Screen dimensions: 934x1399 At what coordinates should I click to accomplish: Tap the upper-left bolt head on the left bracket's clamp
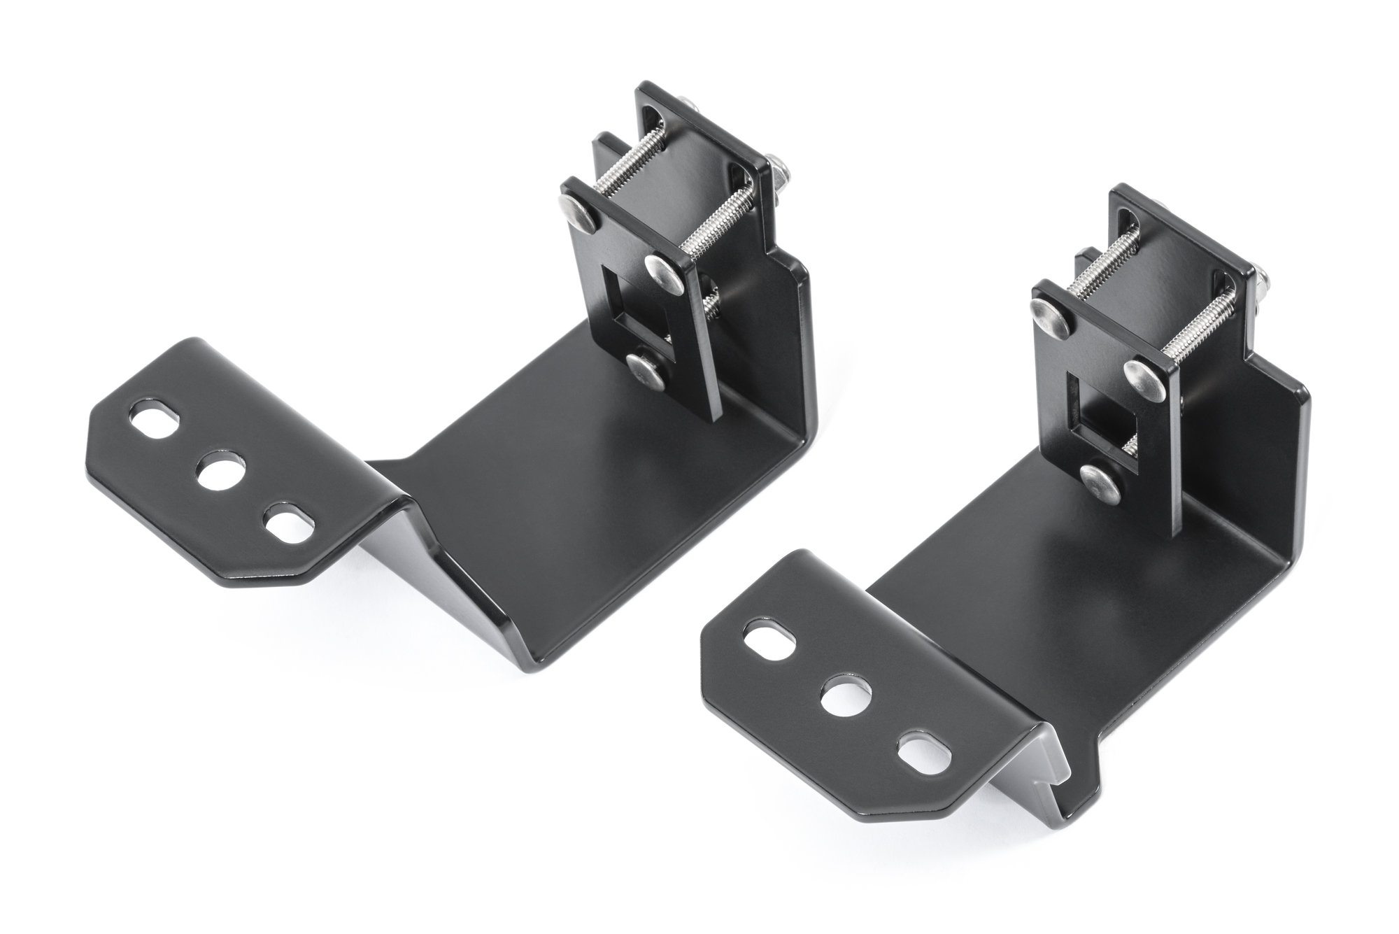click(x=577, y=209)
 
